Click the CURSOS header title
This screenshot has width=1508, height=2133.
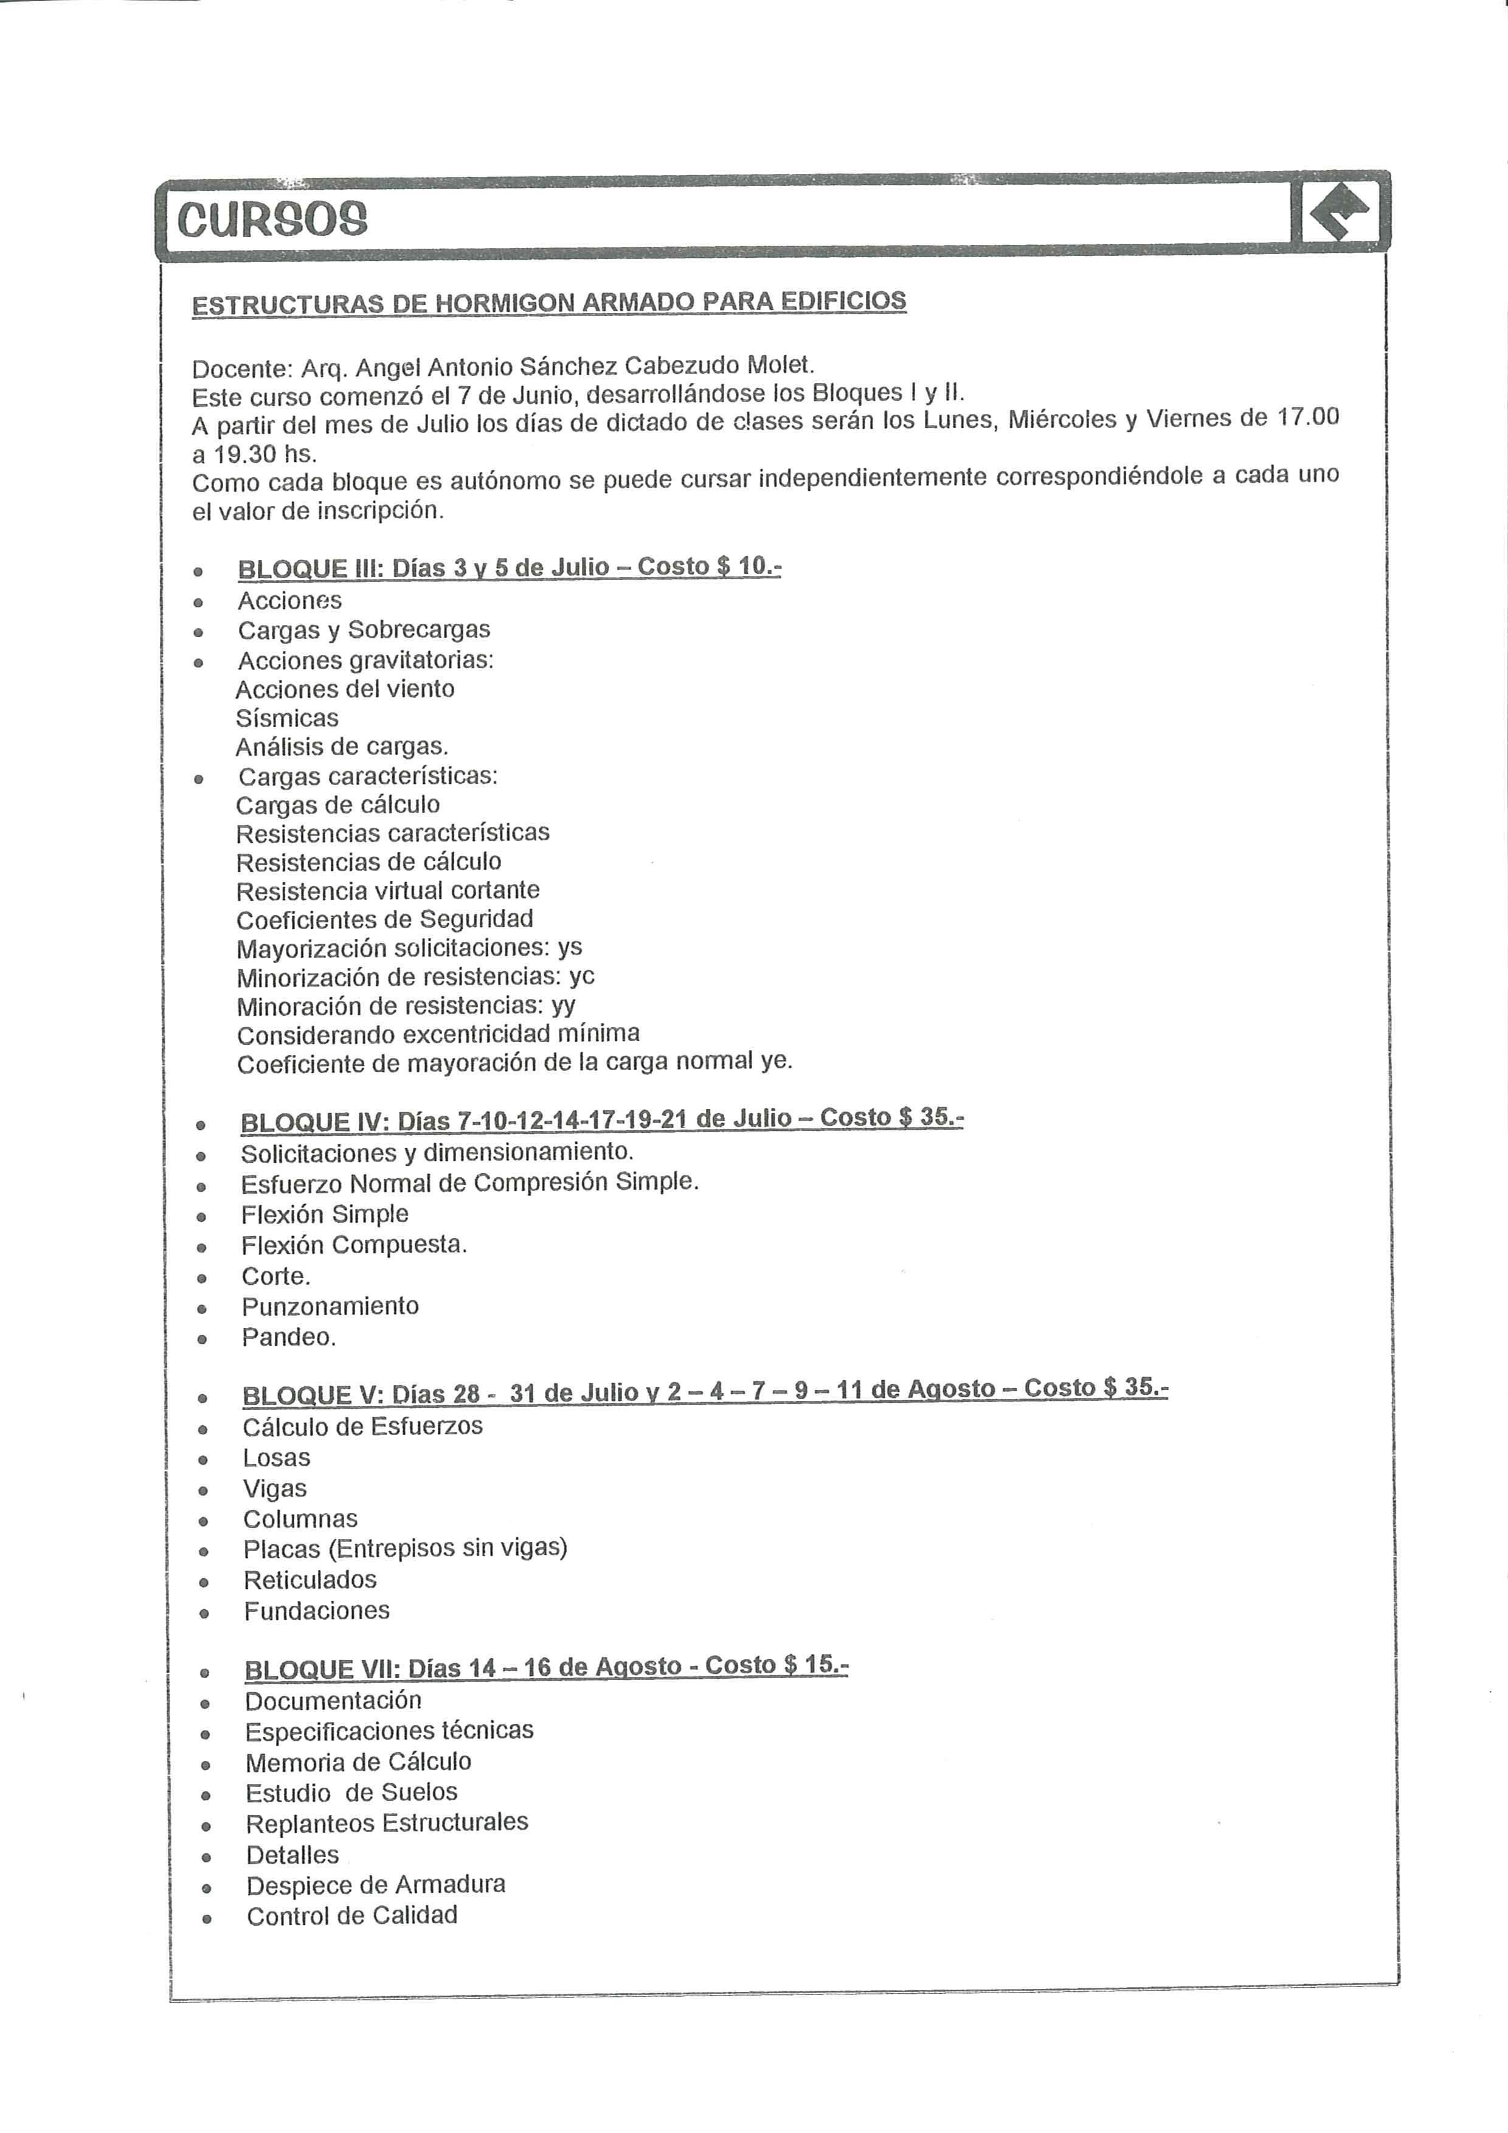[x=272, y=220]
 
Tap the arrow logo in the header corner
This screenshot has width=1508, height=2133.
[x=1341, y=211]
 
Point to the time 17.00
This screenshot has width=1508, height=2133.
[x=1308, y=416]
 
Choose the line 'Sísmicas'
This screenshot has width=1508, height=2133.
[x=287, y=718]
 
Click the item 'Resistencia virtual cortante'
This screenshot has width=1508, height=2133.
[x=387, y=891]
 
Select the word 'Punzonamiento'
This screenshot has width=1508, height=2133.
[x=330, y=1306]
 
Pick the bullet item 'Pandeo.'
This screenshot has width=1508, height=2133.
[x=288, y=1337]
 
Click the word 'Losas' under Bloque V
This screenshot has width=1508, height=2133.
[x=276, y=1457]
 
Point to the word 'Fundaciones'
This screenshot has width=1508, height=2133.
[x=317, y=1610]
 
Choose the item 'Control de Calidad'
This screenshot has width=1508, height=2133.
[x=351, y=1915]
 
